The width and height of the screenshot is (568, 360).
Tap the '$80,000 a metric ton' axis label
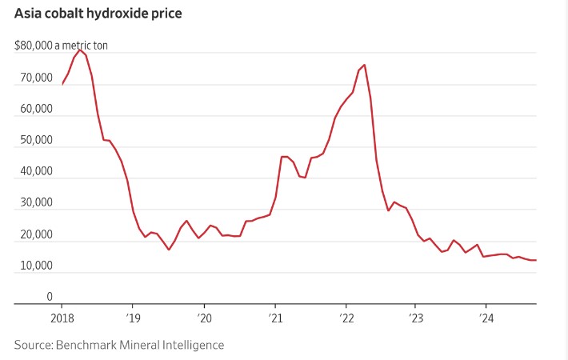point(61,46)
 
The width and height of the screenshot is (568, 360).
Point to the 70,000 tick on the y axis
point(34,78)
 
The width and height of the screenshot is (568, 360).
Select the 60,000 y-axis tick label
point(34,109)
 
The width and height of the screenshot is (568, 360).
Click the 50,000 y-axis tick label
point(34,140)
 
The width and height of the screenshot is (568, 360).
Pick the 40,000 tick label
point(34,171)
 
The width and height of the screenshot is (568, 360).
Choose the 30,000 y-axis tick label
point(34,202)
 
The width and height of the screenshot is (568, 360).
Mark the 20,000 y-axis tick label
point(34,234)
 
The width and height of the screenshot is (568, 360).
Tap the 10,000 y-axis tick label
point(34,266)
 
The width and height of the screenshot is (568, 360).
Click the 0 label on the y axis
point(49,297)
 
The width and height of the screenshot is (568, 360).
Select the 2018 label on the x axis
point(62,317)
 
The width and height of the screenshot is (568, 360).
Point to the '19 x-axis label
point(133,317)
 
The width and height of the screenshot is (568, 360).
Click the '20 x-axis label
point(203,317)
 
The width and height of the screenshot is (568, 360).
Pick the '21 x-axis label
point(274,317)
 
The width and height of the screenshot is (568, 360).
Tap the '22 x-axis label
point(345,317)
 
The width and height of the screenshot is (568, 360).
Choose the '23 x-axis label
point(415,317)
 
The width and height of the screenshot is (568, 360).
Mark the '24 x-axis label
point(486,317)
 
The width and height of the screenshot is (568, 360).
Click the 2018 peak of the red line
point(80,50)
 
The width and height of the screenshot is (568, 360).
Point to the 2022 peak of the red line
point(365,65)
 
